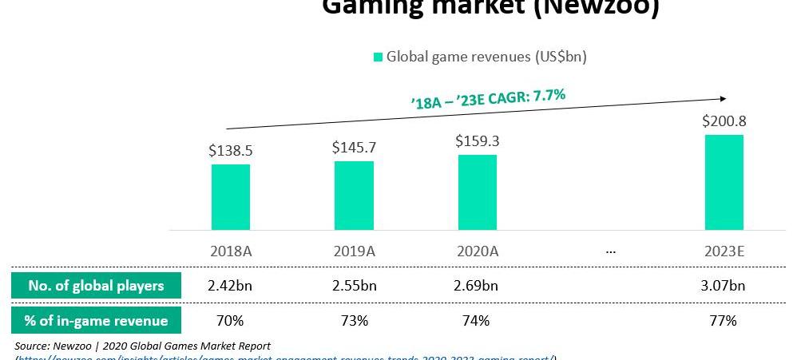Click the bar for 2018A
pos(231,197)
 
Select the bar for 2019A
pos(354,196)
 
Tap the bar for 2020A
pos(478,192)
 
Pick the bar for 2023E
pos(724,182)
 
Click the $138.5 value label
pos(231,149)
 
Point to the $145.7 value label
pos(354,147)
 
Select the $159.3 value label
pos(478,140)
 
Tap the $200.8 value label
pos(724,121)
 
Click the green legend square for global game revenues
pos(378,57)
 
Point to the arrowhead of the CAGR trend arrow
pos(723,98)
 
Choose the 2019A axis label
pos(354,251)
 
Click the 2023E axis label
pos(724,251)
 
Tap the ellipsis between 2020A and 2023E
pos(611,251)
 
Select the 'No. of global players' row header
pos(96,286)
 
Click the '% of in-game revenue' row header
pos(96,321)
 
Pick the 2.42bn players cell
pos(231,286)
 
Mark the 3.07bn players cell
pos(724,286)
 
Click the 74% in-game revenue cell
pos(478,321)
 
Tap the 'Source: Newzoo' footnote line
pos(143,346)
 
